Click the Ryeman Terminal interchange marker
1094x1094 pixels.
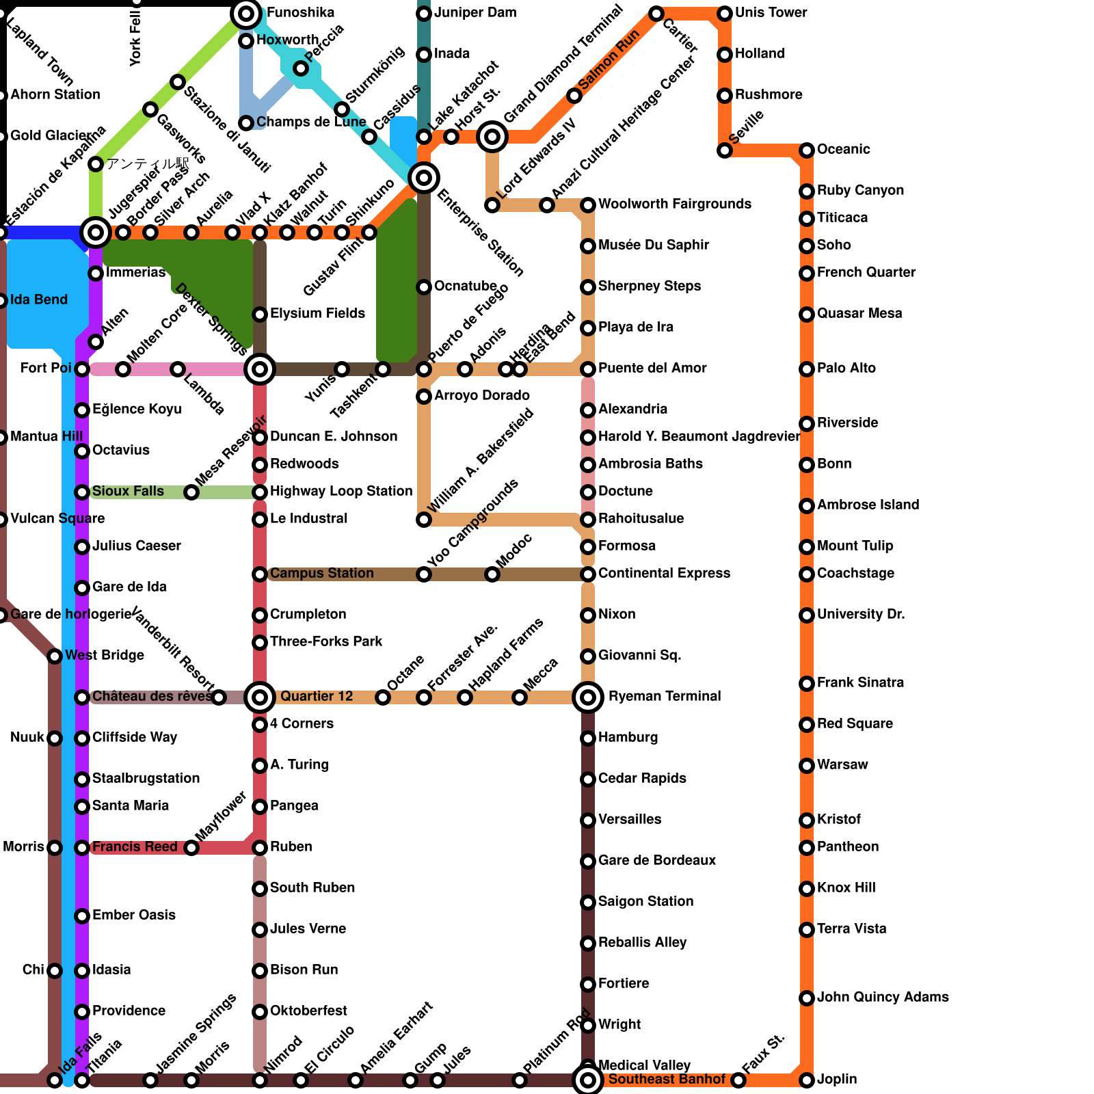click(x=588, y=697)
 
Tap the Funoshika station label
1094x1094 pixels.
click(x=300, y=13)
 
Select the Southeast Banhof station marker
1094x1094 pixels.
click(x=588, y=1080)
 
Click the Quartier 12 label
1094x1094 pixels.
click(x=317, y=697)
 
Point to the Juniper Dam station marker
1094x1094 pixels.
click(x=424, y=14)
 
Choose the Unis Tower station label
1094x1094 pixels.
click(x=771, y=13)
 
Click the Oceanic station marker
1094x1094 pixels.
click(x=807, y=150)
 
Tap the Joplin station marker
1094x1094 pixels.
click(x=807, y=1080)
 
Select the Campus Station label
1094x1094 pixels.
click(x=321, y=574)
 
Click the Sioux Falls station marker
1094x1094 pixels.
click(x=82, y=492)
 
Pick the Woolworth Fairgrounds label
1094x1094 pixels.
click(x=674, y=204)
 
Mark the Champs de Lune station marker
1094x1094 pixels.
click(x=246, y=123)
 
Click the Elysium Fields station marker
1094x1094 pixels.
click(x=260, y=315)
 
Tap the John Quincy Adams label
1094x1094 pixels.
click(x=882, y=998)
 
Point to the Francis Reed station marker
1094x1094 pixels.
click(x=82, y=848)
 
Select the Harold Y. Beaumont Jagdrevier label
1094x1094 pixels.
click(x=699, y=437)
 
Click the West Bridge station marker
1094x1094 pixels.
click(x=55, y=656)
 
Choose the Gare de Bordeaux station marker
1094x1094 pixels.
click(x=588, y=862)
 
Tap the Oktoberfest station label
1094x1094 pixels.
click(x=308, y=1011)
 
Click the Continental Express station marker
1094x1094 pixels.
click(x=588, y=574)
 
